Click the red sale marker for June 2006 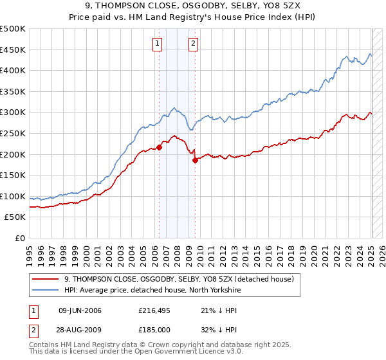159,147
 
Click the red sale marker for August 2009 195,161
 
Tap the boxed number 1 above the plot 158,44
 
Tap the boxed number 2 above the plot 193,44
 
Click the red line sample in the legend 46,279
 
